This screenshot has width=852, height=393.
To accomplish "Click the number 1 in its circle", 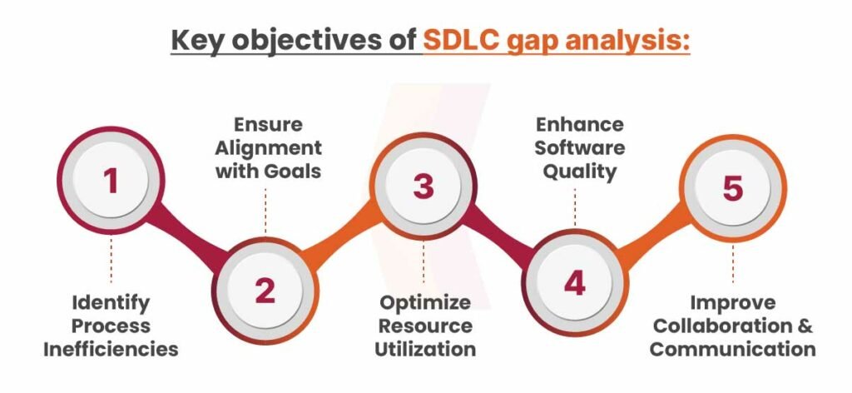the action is (111, 180).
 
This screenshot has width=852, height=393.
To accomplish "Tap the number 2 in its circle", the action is (265, 291).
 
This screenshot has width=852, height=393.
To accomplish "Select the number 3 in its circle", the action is (424, 186).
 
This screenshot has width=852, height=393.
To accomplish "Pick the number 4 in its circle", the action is (574, 283).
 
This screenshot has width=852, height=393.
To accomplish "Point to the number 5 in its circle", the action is (732, 189).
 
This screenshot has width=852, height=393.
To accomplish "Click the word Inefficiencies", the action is (111, 349).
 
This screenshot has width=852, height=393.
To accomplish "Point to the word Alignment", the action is (269, 148).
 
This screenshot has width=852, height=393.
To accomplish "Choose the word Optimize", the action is (425, 303).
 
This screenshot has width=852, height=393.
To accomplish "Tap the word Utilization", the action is (425, 349).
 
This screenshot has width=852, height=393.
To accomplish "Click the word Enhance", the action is (580, 124).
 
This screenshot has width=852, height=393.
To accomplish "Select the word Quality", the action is (580, 172).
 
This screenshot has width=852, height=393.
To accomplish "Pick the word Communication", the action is (732, 349).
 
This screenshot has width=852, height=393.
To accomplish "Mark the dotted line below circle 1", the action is (111, 260).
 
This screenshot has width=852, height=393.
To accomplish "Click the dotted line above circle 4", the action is (575, 207).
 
